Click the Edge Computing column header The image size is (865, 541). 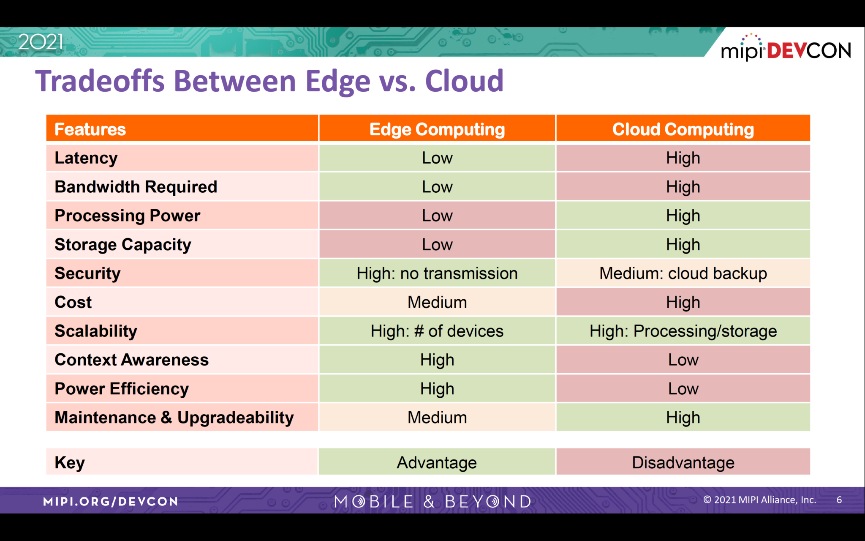[x=437, y=129]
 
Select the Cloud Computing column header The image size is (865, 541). [x=683, y=129]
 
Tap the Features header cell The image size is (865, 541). [x=90, y=129]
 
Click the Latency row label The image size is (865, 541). [x=86, y=158]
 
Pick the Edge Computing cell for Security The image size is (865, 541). [x=437, y=273]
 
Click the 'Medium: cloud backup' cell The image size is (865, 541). [x=683, y=273]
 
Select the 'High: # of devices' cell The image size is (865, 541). [x=437, y=331]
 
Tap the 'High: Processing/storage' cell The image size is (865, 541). [x=683, y=331]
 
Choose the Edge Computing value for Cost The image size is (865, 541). [x=437, y=302]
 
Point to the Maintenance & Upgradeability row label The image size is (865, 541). [x=174, y=418]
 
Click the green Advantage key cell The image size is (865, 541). [x=437, y=462]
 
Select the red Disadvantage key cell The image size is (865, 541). [x=683, y=462]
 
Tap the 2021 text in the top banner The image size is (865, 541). [x=41, y=42]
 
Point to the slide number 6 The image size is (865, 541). [x=839, y=500]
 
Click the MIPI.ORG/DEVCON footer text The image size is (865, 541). [x=111, y=501]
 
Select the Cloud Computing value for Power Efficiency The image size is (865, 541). [x=683, y=389]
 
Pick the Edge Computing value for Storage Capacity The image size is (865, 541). [x=437, y=245]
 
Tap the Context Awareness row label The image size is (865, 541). [x=131, y=360]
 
